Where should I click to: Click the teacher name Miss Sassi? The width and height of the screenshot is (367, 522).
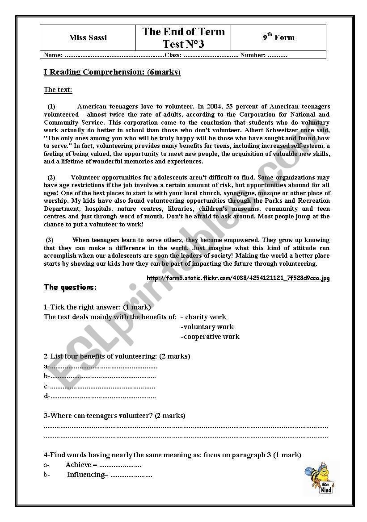pos(88,38)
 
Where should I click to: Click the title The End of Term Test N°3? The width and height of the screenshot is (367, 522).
pos(183,38)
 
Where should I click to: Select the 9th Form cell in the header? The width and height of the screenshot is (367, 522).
pos(278,38)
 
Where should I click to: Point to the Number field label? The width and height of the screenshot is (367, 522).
pos(253,55)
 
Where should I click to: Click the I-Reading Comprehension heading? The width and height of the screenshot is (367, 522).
pos(112,72)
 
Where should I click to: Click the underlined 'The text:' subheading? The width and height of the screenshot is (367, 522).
pos(58,90)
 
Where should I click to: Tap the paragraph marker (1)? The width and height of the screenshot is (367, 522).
pos(51,106)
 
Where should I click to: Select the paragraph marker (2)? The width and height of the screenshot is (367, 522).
pos(51,178)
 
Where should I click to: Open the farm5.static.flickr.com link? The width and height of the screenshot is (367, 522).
pos(238,278)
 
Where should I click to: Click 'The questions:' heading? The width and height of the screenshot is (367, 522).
pos(70,287)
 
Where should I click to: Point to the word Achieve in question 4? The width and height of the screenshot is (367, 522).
pos(78,465)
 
